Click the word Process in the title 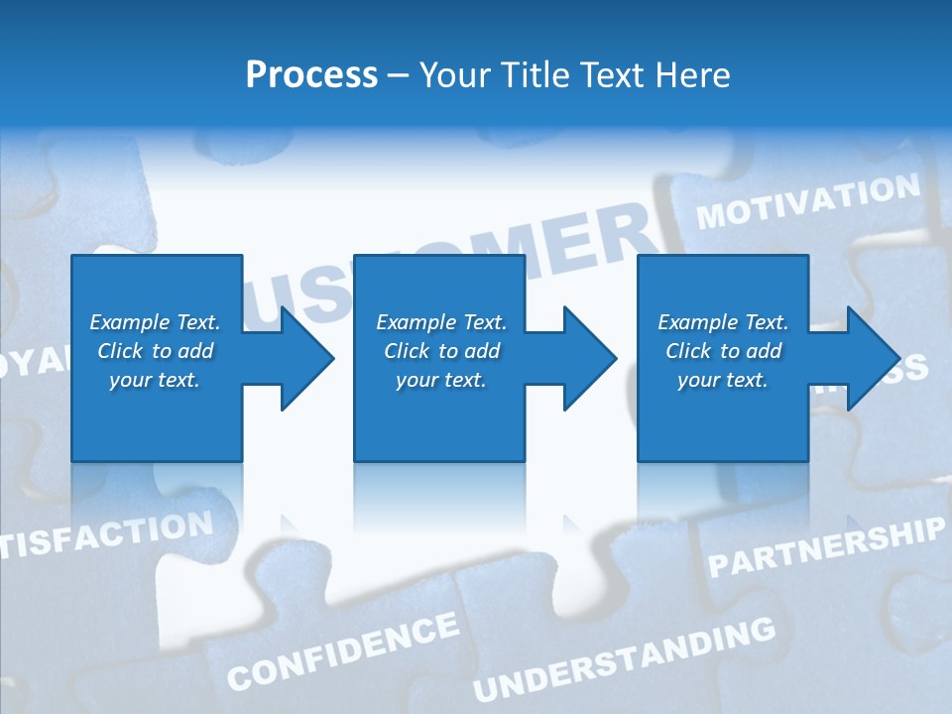(311, 75)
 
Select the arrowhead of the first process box (303, 358)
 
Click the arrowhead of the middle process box (586, 358)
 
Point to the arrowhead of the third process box (870, 358)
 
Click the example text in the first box (155, 351)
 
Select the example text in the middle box (440, 351)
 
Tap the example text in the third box (723, 351)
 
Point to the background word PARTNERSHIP (826, 547)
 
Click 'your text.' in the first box (155, 380)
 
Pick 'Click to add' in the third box (723, 351)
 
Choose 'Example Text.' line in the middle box (440, 322)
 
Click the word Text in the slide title (608, 75)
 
